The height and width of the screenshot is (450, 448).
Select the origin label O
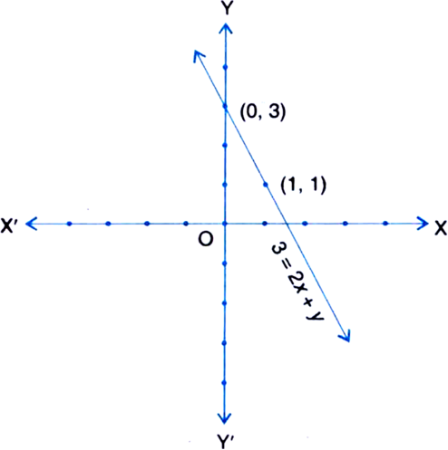click(206, 240)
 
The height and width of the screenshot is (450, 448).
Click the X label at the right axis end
click(441, 229)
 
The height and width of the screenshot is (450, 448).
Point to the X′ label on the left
click(9, 225)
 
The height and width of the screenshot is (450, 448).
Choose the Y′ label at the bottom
click(226, 442)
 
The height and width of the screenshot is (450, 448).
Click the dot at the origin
click(225, 224)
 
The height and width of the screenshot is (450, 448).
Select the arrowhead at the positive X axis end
click(424, 224)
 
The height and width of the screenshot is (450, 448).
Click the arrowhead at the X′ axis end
click(31, 224)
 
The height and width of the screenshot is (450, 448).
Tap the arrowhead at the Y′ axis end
click(224, 418)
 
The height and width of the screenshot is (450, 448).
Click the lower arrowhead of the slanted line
click(346, 337)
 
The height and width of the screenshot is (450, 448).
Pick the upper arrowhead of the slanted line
click(198, 55)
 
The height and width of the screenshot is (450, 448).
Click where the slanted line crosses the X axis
click(286, 224)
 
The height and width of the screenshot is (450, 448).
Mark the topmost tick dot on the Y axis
click(225, 67)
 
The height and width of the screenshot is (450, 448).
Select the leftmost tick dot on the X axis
click(69, 224)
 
